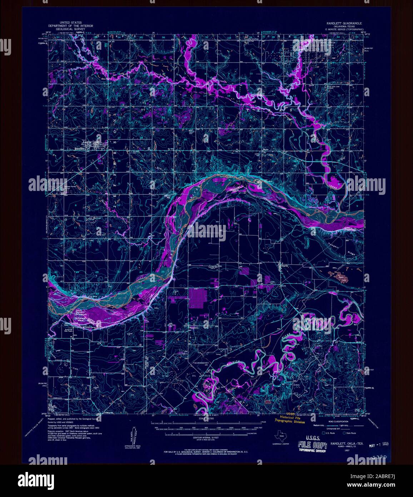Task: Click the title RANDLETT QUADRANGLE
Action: point(343,23)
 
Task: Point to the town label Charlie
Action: point(283,266)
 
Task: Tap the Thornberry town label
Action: point(193,328)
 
